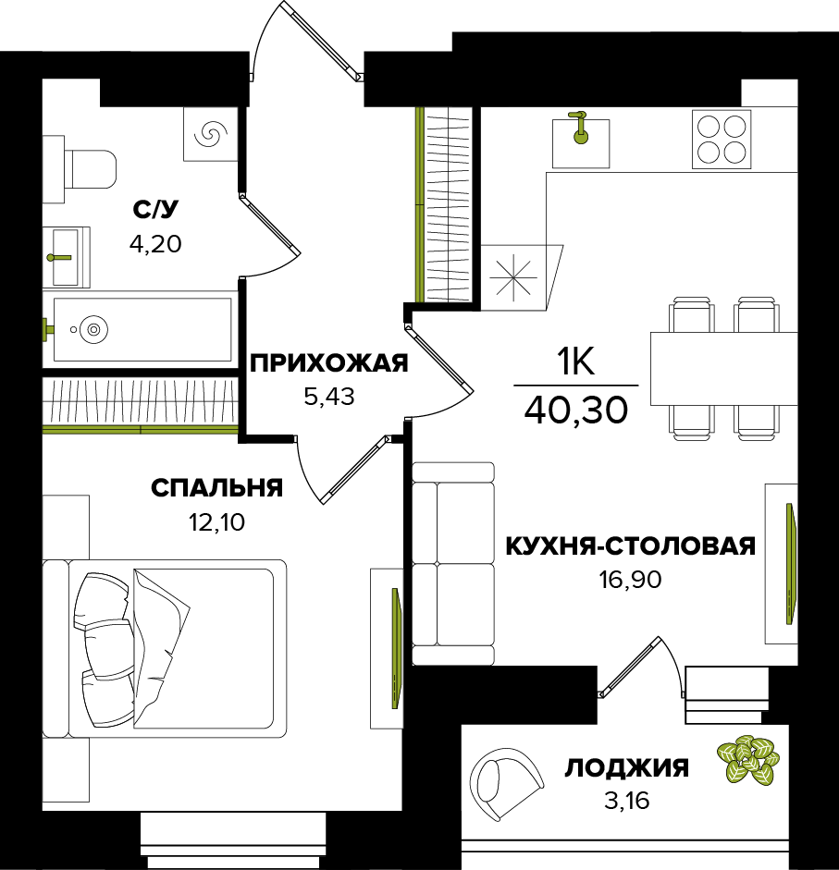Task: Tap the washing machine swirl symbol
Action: [211, 134]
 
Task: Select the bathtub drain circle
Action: [93, 329]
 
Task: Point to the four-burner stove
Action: [722, 140]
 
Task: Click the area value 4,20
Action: [155, 243]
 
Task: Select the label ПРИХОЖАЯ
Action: [329, 363]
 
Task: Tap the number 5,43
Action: [329, 397]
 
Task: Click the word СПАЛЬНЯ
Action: [217, 488]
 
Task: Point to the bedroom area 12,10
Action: [217, 522]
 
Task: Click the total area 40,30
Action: [576, 410]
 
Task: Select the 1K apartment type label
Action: [576, 361]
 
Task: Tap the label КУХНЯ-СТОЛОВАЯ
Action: [631, 546]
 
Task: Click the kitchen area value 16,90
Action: [630, 580]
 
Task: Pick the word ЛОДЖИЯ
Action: [627, 768]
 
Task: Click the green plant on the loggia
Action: [748, 759]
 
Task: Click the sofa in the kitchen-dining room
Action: [453, 563]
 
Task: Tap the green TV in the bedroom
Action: [396, 648]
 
